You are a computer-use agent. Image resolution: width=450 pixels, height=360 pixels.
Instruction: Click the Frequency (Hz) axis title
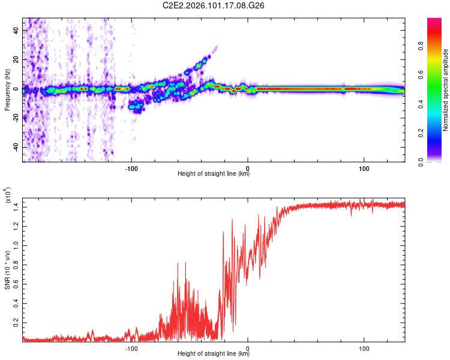pos(7,90)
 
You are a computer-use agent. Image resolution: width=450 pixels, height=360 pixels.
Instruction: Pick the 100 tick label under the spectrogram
pos(364,169)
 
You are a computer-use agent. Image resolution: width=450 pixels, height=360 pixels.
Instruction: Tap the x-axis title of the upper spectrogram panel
pos(214,175)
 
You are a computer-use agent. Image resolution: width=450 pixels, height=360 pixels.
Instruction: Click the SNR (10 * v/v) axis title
pos(7,270)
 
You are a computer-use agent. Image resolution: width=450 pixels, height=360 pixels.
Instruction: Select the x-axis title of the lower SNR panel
pos(214,354)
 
